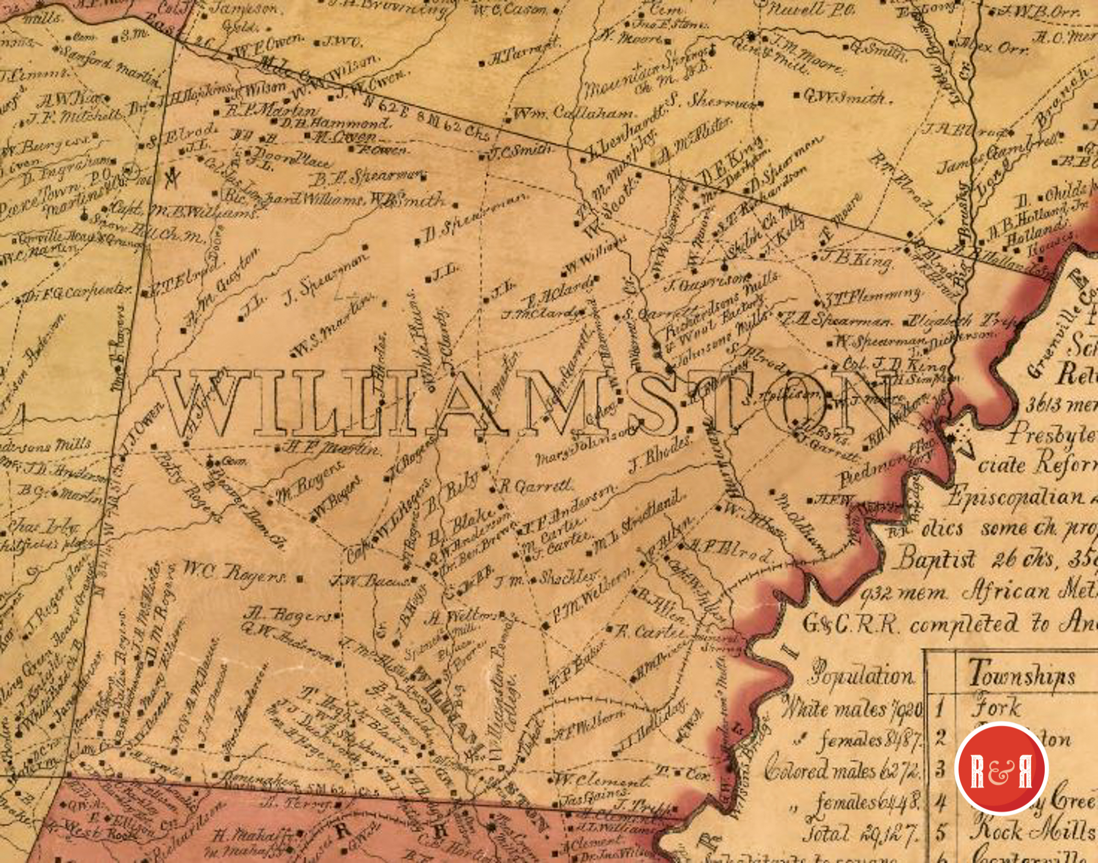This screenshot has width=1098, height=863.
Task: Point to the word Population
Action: coord(862,676)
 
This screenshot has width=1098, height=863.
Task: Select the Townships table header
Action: coord(1021,674)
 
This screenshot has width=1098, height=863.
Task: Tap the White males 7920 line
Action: coord(851,708)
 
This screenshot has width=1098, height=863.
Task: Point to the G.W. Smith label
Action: coord(845,98)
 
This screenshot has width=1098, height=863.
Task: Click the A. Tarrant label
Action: coord(522,53)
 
